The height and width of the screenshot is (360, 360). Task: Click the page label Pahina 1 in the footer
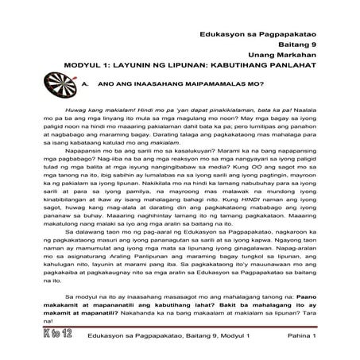point(299,338)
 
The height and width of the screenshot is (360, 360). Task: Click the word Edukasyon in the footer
point(106,338)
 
